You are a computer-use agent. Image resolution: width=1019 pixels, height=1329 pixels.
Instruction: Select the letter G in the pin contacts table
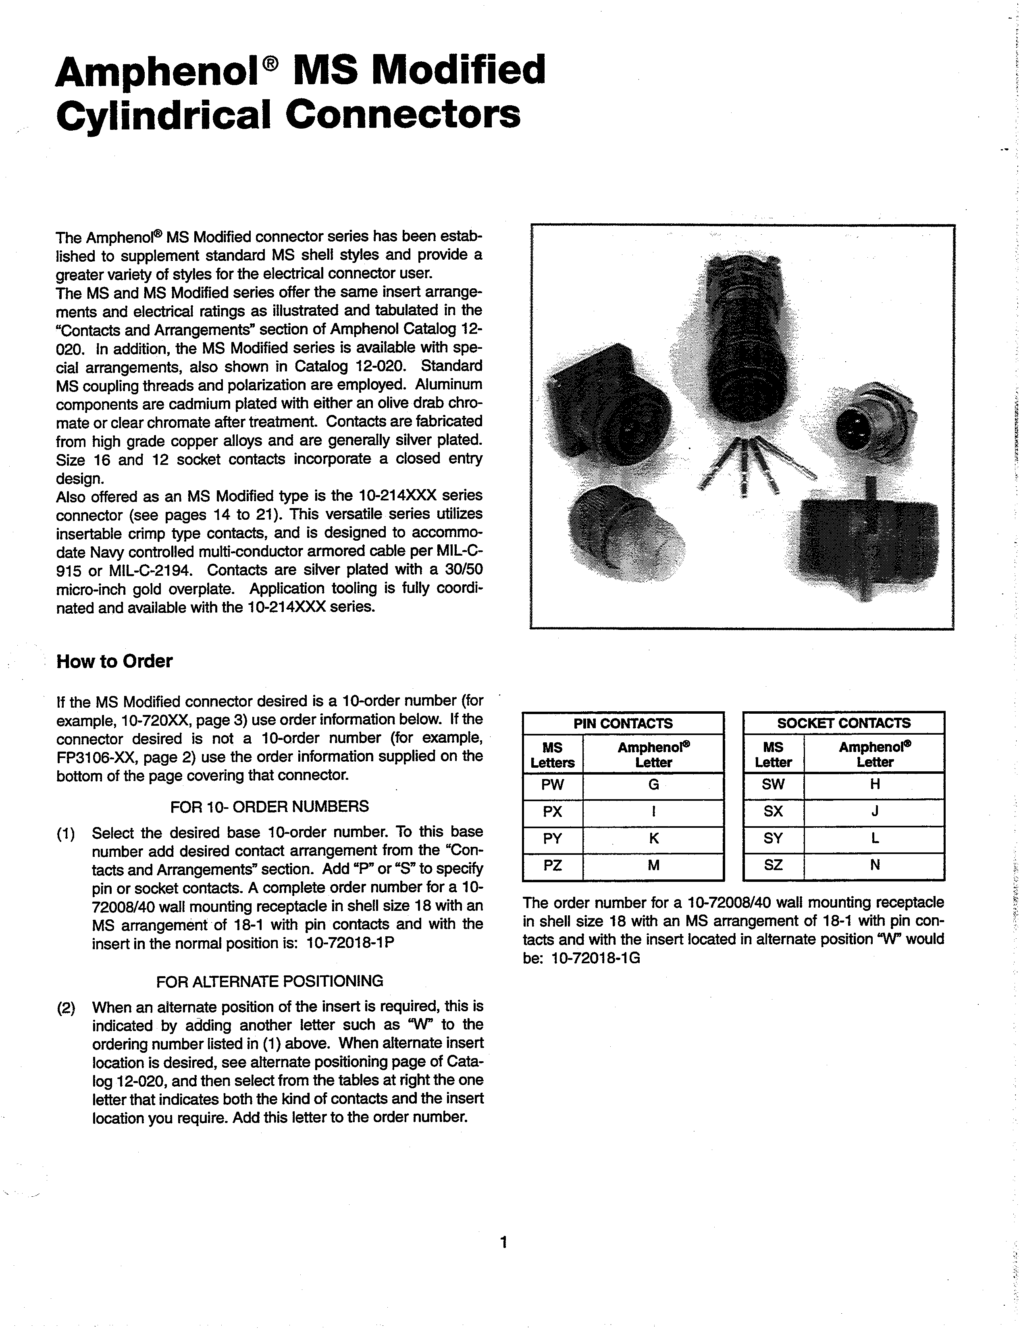click(653, 785)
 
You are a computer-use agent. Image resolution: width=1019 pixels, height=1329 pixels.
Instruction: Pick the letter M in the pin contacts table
click(653, 866)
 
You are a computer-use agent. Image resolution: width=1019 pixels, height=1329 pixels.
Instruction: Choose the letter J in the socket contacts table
click(875, 812)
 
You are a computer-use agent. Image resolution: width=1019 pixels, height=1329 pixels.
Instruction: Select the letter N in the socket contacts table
click(875, 866)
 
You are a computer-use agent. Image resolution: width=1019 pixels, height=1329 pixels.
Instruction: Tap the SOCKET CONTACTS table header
click(844, 723)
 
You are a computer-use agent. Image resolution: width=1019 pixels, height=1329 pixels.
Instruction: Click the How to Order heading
click(114, 661)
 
